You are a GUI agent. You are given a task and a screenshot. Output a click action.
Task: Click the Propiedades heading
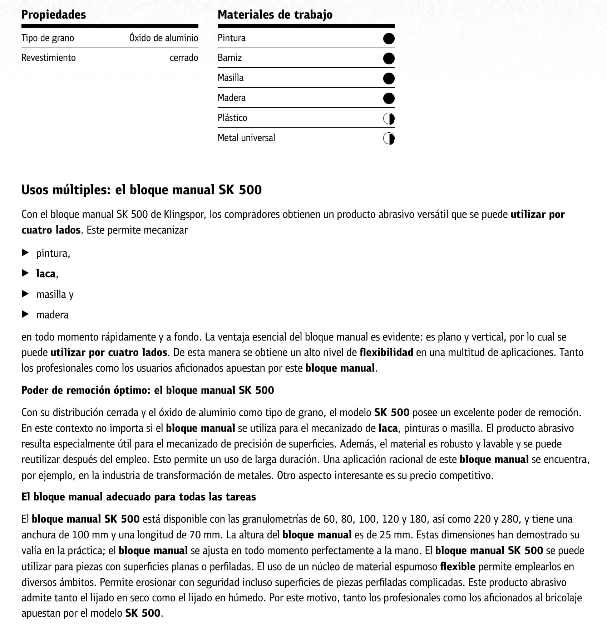[54, 15]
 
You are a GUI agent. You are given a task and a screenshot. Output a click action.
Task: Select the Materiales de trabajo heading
[275, 15]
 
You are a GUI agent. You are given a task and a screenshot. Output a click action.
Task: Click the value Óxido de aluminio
[163, 38]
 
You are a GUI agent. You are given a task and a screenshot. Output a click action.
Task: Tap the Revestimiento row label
[48, 58]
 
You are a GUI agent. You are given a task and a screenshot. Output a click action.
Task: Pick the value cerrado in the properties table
[184, 58]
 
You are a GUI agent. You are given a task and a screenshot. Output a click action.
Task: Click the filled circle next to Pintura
[389, 39]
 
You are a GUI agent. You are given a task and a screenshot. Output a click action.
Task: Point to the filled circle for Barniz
[389, 58]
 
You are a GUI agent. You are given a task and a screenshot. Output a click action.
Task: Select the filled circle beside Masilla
[389, 78]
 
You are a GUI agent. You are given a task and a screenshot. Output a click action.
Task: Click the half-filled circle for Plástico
[389, 118]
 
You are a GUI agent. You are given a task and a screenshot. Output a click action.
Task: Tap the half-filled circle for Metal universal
[389, 138]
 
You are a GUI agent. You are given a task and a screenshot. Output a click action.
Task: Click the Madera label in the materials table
[231, 98]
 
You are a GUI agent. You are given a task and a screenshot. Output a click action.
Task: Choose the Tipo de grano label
[48, 38]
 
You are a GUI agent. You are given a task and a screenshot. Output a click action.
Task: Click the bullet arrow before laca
[25, 273]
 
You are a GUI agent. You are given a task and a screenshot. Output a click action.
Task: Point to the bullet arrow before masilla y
[25, 294]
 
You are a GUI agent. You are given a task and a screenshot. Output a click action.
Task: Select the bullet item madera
[52, 315]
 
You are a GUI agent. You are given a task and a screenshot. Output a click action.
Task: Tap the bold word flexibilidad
[386, 352]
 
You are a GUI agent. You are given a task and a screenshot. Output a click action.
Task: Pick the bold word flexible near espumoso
[458, 567]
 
